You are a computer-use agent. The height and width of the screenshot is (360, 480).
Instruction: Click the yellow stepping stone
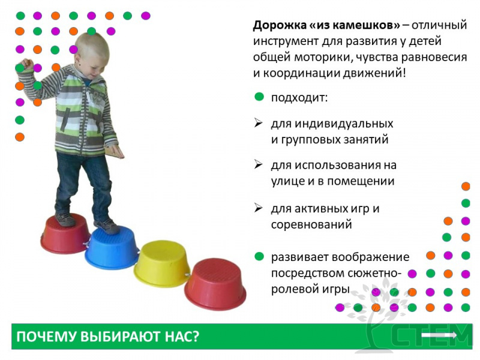[x=161, y=264]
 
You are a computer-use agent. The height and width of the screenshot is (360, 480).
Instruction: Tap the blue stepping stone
[x=112, y=248]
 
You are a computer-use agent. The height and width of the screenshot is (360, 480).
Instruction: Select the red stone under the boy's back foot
[x=65, y=234]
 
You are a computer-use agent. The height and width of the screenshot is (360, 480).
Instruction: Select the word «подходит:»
[x=299, y=98]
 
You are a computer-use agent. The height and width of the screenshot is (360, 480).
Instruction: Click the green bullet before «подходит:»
[x=259, y=97]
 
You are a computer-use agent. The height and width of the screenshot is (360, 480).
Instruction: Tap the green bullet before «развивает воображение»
[x=259, y=256]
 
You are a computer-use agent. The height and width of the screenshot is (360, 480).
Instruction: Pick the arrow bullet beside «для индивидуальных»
[x=259, y=123]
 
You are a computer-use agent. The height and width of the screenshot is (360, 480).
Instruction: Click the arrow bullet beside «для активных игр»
[x=259, y=208]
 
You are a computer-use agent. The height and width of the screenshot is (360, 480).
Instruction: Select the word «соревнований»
[x=311, y=224]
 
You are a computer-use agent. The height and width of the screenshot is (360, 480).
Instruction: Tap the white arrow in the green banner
[x=439, y=335]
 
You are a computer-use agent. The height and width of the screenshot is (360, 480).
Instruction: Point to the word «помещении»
[x=361, y=181]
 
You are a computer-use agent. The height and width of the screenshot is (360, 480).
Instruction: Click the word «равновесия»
[x=434, y=58]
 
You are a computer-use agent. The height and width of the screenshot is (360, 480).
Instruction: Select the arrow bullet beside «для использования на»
[x=259, y=164]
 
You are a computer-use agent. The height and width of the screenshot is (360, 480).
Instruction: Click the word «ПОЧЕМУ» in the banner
[x=46, y=337]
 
